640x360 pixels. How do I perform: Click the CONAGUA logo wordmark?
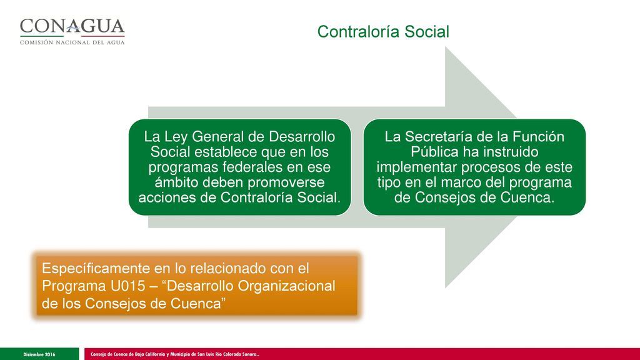coord(72,26)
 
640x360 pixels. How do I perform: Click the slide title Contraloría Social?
coord(383,32)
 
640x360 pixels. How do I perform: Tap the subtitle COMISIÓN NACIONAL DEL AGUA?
coord(72,42)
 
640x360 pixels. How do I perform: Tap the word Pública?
coord(434,152)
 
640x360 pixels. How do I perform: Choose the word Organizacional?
coord(286,286)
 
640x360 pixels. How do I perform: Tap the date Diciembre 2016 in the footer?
coord(39,354)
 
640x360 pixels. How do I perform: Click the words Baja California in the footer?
coord(149,354)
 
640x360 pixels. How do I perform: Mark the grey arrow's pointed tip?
coord(516,167)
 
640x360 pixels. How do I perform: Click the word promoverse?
coord(286,182)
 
